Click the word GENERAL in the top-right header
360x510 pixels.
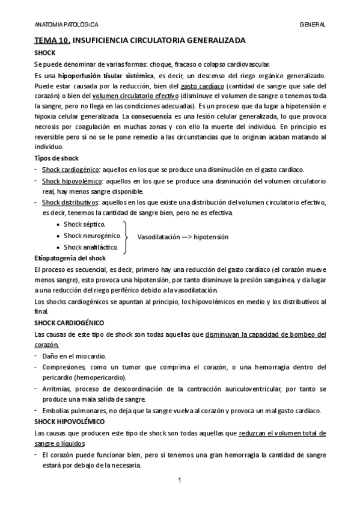point(313,25)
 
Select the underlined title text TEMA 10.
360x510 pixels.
point(52,41)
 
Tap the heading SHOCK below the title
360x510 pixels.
point(45,53)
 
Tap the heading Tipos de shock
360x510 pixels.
point(56,157)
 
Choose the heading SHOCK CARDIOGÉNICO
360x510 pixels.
point(69,323)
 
